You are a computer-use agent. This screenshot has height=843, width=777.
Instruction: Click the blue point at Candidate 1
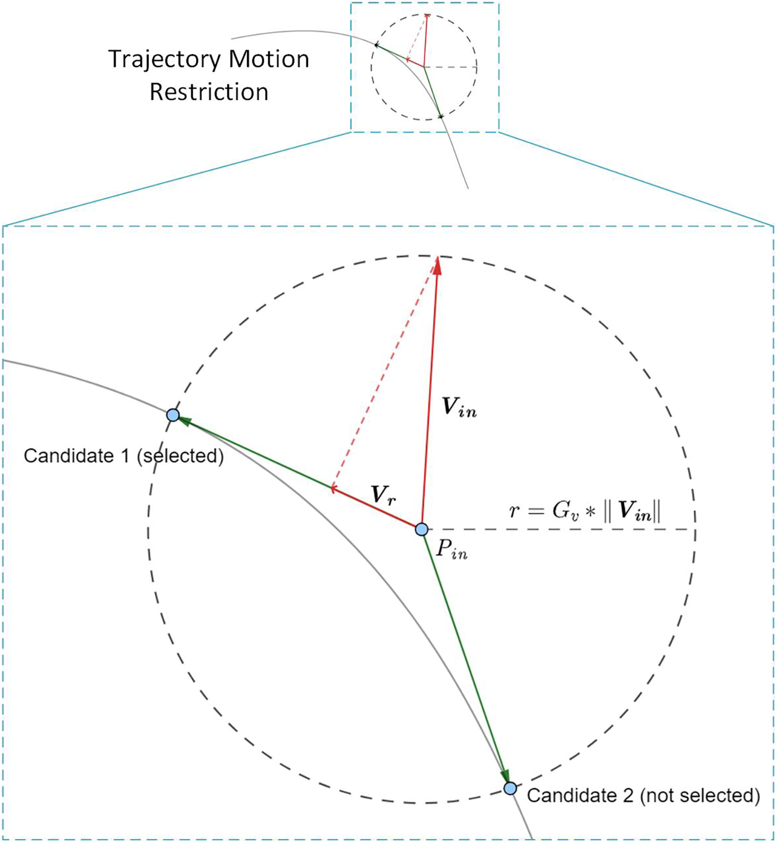click(x=173, y=415)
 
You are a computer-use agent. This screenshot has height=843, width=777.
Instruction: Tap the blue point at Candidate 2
click(x=510, y=789)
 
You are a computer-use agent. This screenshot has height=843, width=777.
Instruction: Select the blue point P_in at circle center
click(x=422, y=529)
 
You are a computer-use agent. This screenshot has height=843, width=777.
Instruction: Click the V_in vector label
click(x=459, y=408)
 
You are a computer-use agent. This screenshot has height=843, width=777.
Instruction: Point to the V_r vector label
click(x=384, y=495)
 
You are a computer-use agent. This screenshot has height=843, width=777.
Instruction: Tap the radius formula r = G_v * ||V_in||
click(x=585, y=511)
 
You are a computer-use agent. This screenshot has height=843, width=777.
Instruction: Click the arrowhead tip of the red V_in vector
click(x=438, y=259)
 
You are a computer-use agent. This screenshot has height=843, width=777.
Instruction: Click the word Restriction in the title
click(x=209, y=92)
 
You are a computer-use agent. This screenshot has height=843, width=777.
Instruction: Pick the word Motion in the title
click(x=269, y=60)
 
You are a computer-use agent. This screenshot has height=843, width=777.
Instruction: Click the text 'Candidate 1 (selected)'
click(x=123, y=456)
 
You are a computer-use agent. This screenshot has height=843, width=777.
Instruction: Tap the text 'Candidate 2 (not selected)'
click(x=643, y=795)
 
